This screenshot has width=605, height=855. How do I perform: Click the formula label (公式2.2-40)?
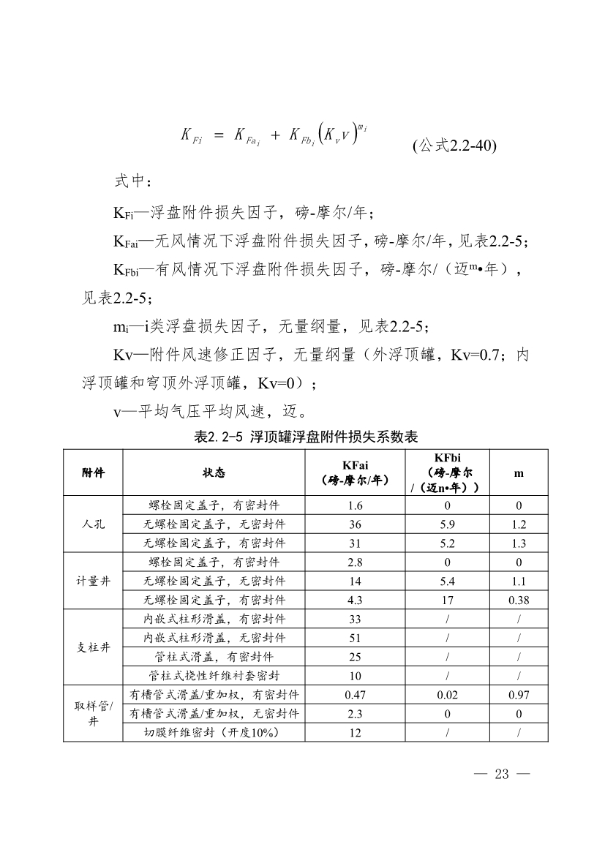454,146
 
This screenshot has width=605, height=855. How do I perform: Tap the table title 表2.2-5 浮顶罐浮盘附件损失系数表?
306,437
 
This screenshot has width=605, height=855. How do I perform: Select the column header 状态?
214,472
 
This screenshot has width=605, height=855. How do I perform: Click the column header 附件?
93,472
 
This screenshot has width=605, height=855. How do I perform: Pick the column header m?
519,472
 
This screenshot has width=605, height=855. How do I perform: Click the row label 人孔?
93,524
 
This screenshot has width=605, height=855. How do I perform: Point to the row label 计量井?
93,581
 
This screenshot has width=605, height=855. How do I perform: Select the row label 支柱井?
93,647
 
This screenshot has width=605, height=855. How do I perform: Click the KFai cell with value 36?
356,524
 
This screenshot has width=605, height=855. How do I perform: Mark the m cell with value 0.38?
519,600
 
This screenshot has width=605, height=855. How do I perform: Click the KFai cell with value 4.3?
356,600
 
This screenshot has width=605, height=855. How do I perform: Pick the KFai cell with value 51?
356,638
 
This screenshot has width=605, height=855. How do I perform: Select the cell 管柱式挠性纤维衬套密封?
214,676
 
